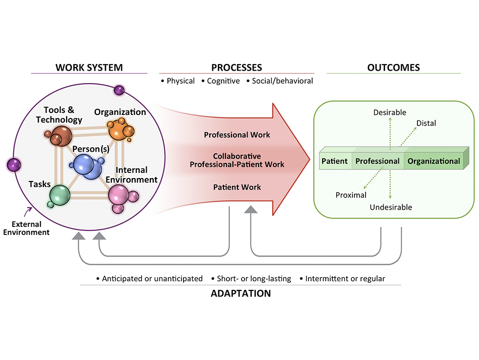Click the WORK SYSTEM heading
(x=89, y=68)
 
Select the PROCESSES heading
(x=236, y=68)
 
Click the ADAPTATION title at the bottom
(x=241, y=293)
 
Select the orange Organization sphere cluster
(x=121, y=129)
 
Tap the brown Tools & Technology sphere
(x=59, y=136)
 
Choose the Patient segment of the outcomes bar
(x=335, y=161)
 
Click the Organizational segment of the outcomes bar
(x=434, y=161)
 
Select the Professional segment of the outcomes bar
(x=377, y=161)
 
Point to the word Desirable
(x=389, y=112)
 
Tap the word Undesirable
(x=391, y=207)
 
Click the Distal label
(x=426, y=123)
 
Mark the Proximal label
(x=351, y=195)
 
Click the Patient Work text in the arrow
(x=237, y=187)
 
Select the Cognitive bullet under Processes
(x=223, y=81)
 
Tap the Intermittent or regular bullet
(x=345, y=278)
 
